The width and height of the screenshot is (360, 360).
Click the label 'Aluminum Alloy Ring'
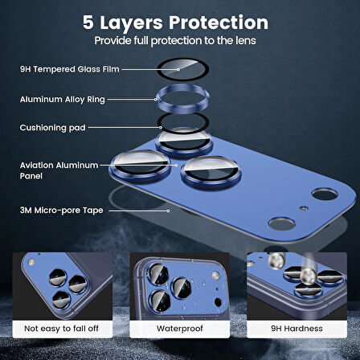51,100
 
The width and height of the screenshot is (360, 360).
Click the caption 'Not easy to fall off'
61,329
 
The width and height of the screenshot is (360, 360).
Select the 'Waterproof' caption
179,329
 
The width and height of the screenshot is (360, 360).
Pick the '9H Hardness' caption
298,329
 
